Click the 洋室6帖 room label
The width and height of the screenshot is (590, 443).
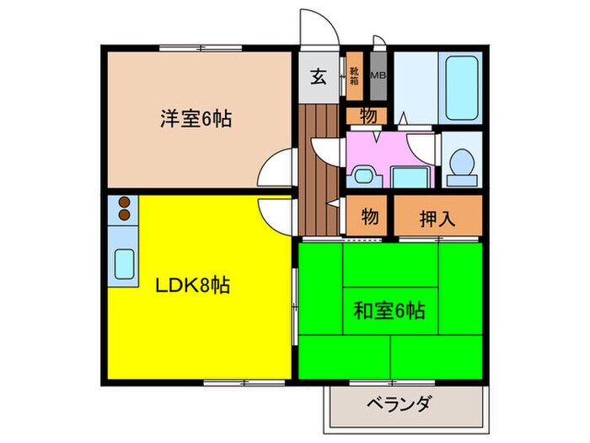tap(196, 117)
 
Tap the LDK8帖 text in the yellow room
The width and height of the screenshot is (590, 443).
tap(191, 285)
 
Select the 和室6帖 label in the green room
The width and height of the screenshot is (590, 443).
tap(388, 311)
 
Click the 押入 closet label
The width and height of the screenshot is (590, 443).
tap(437, 218)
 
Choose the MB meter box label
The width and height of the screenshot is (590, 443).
tap(378, 76)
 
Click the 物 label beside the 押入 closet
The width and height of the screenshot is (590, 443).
tap(369, 217)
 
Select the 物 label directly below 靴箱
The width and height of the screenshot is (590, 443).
tap(367, 116)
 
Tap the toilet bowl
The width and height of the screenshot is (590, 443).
tap(460, 164)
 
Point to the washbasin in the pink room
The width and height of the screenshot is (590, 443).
tap(363, 176)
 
